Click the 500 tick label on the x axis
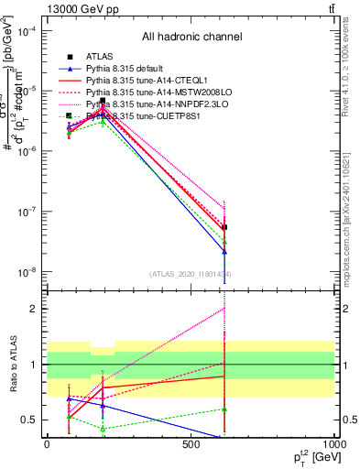pyautogui.click(x=191, y=444)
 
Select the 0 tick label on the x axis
pyautogui.click(x=47, y=444)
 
